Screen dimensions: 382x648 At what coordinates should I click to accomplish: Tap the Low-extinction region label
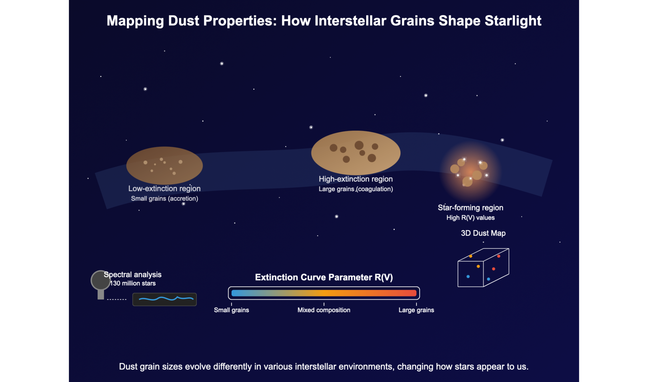pos(164,189)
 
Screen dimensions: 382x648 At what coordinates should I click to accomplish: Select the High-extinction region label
pos(356,179)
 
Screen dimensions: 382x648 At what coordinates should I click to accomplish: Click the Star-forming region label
pos(470,208)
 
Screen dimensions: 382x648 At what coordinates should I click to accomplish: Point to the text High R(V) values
pos(470,218)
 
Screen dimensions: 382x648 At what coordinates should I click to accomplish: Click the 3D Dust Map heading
pos(483,233)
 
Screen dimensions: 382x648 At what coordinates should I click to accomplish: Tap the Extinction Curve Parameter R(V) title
pos(324,277)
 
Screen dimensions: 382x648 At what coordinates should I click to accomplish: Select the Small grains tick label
pos(231,310)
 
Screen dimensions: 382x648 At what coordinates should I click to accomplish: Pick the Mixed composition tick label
pos(324,310)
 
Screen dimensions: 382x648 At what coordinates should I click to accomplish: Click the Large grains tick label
pos(416,310)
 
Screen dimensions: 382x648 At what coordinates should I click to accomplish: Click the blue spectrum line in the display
pos(165,299)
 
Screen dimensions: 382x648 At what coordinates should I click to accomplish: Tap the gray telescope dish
pos(100,280)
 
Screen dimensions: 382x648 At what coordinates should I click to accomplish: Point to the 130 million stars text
pos(133,283)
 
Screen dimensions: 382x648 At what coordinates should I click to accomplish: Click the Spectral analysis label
pos(133,275)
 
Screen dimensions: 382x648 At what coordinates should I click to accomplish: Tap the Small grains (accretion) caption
pos(164,199)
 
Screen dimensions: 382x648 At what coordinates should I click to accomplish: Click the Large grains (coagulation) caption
pos(356,189)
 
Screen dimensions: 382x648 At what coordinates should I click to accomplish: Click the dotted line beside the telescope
pos(117,299)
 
